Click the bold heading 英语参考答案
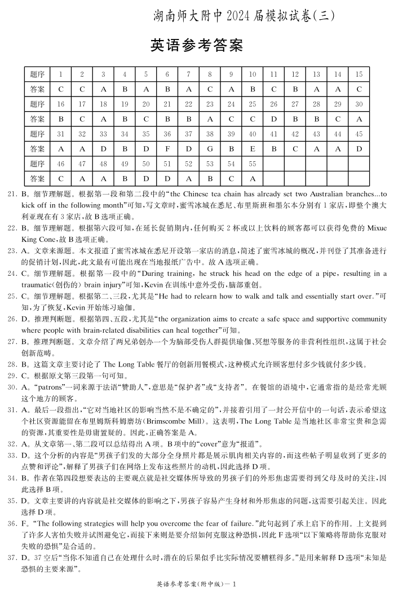pyautogui.click(x=197, y=45)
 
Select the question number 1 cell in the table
pyautogui.click(x=60, y=74)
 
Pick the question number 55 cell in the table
pyautogui.click(x=252, y=164)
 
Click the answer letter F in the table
pyautogui.click(x=167, y=149)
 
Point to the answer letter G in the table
pyautogui.click(x=210, y=149)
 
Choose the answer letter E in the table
pyautogui.click(x=252, y=149)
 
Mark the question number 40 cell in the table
pyautogui.click(x=252, y=134)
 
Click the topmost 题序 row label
pyautogui.click(x=37, y=74)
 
